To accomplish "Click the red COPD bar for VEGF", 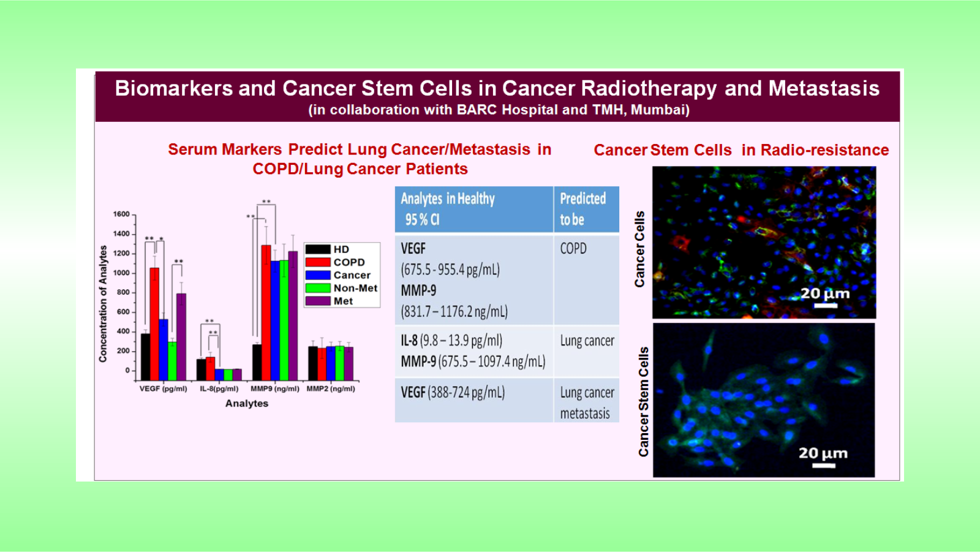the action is coord(154,324).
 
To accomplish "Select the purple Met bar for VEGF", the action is coord(181,336).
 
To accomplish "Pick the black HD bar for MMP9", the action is coord(257,362).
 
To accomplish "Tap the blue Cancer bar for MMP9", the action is coord(275,320).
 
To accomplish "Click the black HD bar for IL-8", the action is coord(202,369).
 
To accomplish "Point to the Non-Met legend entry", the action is coord(342,288).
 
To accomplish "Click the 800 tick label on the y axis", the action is coord(122,292).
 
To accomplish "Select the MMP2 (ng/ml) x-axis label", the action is coord(331,388).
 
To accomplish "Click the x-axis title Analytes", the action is coord(247,404).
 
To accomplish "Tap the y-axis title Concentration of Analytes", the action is coord(104,304).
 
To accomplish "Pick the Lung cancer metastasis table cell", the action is coord(587,403).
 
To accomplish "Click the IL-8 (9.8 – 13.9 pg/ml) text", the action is coord(451,341).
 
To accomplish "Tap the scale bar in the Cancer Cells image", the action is coord(825,306).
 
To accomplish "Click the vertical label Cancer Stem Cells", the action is coord(644,401).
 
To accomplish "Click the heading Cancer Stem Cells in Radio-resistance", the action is coord(741,150).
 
